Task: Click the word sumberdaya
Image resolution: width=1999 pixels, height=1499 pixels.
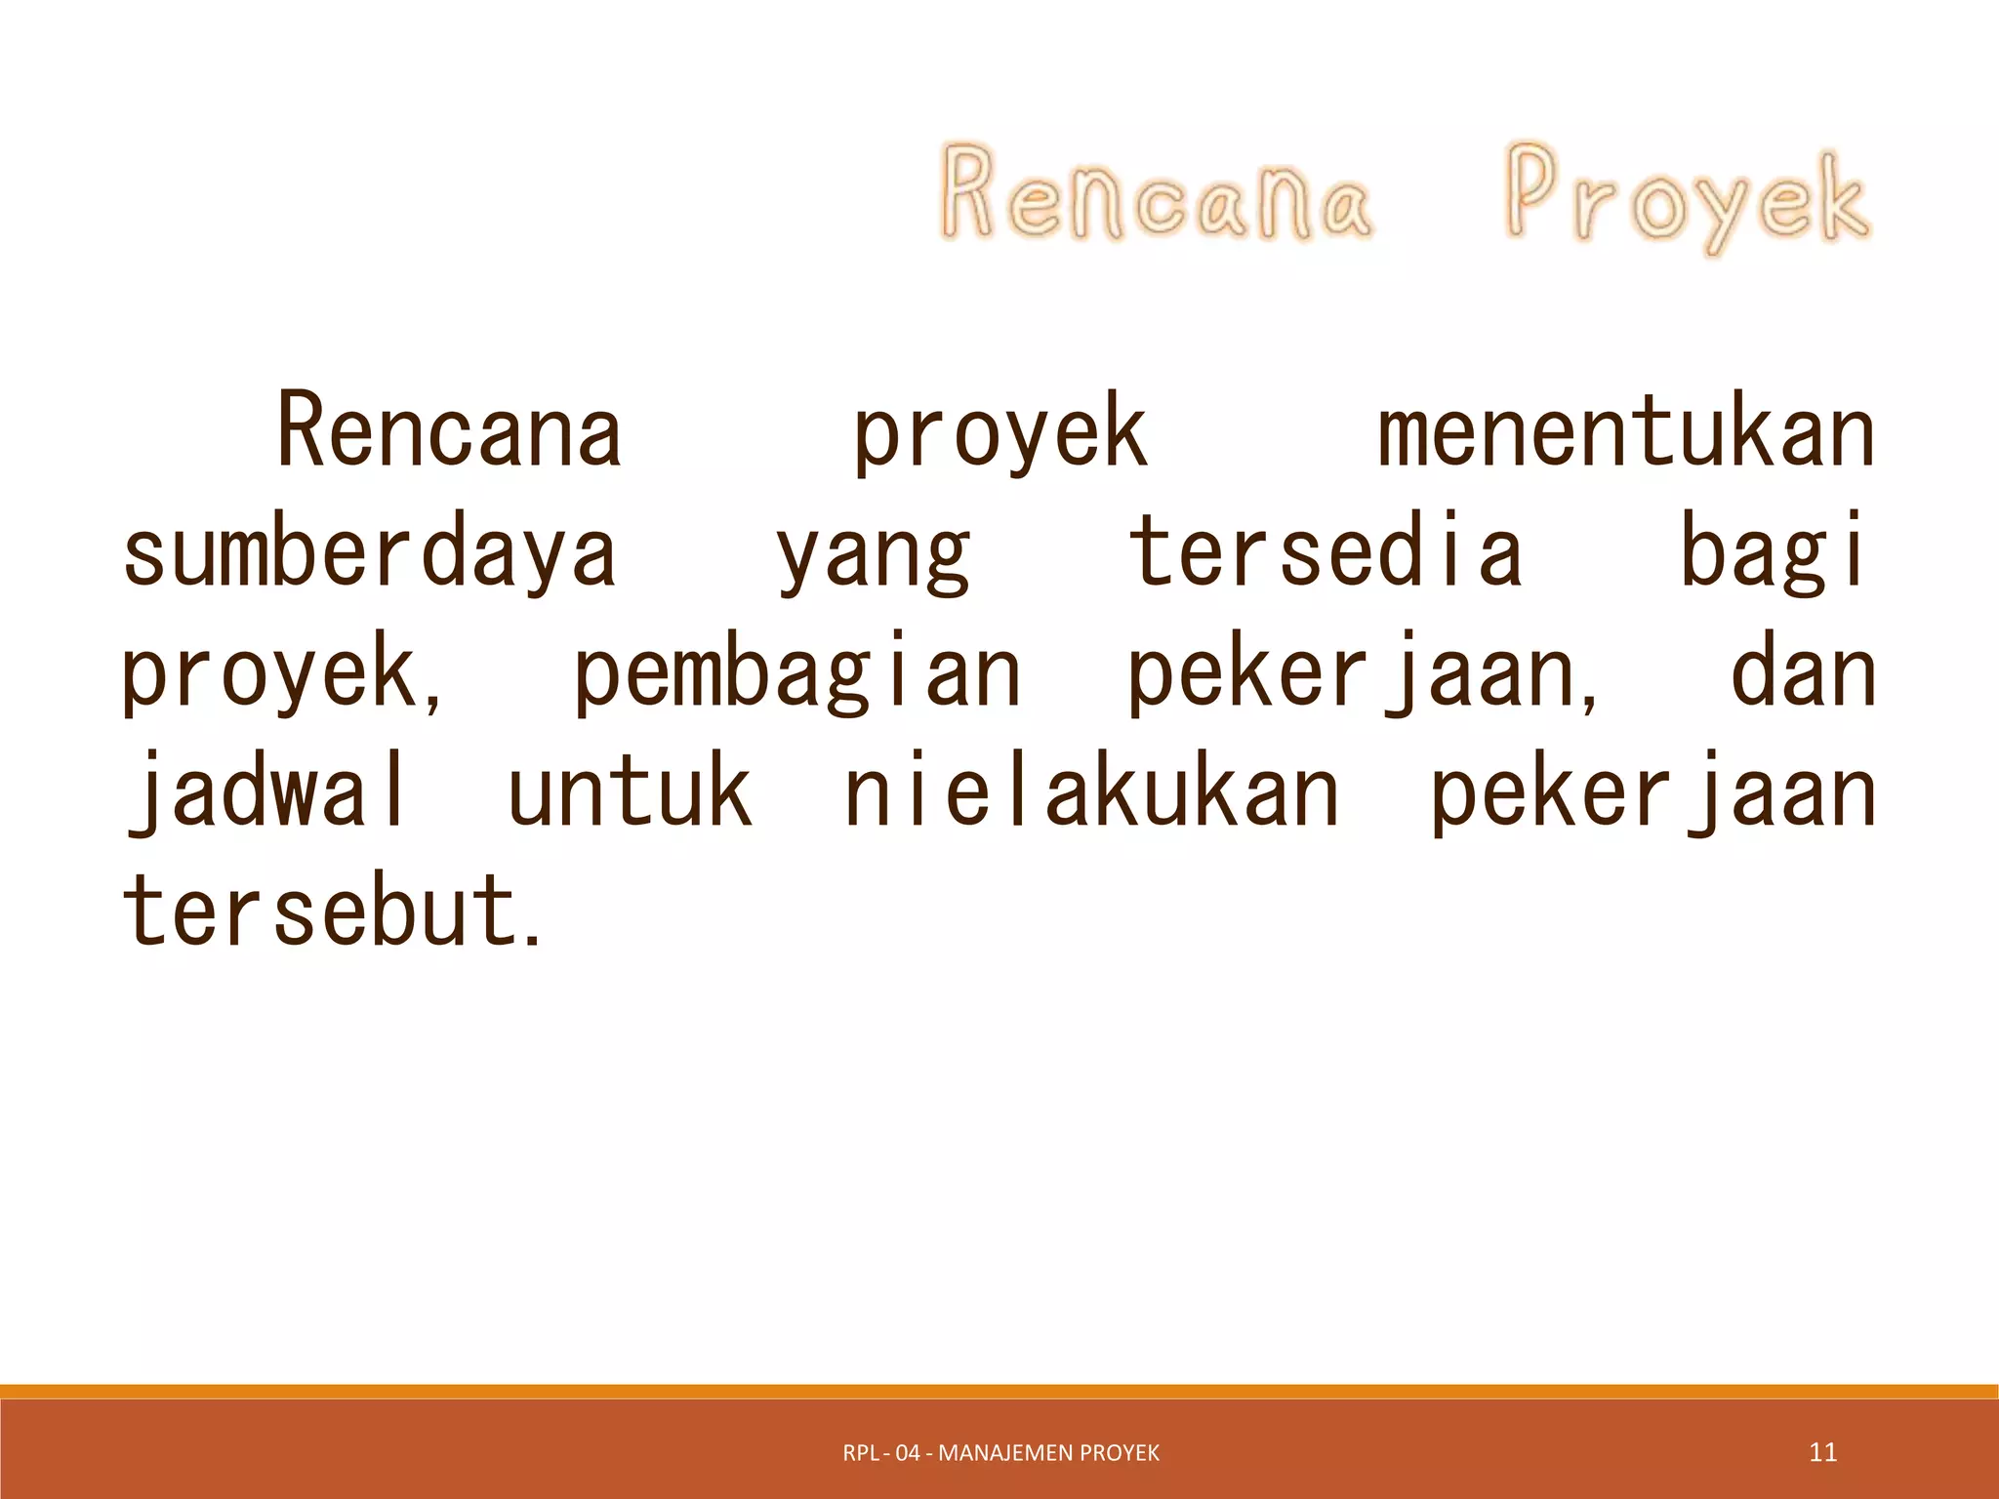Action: pos(370,552)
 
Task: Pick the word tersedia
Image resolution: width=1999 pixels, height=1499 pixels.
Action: pos(1325,550)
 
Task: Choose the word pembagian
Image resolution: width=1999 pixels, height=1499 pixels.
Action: pos(796,673)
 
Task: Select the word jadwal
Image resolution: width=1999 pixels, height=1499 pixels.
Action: pos(265,792)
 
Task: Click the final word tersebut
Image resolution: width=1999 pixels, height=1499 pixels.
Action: pos(330,910)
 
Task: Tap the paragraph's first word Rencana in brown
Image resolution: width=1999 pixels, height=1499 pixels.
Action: pos(450,430)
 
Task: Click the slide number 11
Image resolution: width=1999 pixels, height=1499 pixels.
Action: pos(1822,1452)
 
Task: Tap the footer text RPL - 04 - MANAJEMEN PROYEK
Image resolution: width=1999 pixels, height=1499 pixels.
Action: pos(1000,1453)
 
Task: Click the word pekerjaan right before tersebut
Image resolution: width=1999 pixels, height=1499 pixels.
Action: pos(1652,792)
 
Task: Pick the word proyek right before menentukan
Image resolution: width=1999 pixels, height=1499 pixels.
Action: pos(1000,434)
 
